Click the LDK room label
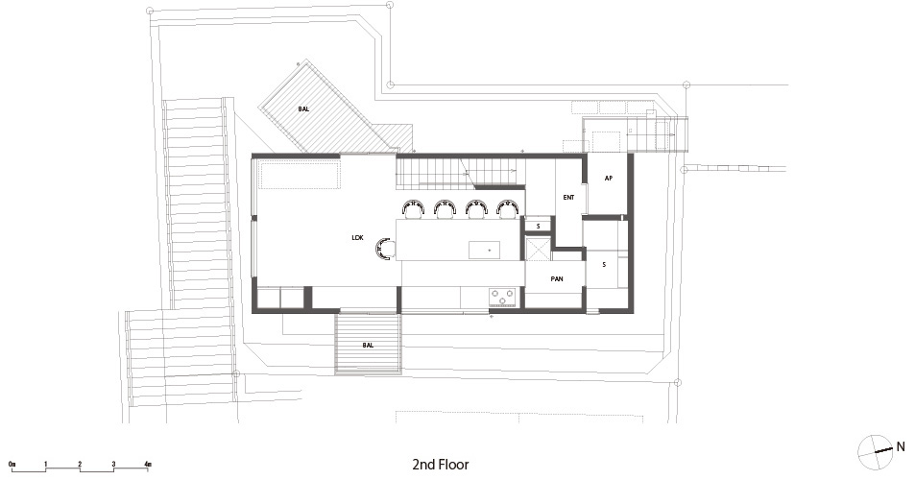point(357,238)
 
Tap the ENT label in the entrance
point(568,198)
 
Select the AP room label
point(608,179)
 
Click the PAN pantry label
point(557,279)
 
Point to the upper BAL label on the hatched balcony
point(303,109)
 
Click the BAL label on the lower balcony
point(368,346)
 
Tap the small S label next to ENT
point(538,226)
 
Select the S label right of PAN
point(604,265)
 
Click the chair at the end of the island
point(386,249)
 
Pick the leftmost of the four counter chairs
point(413,208)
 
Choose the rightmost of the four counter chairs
point(508,208)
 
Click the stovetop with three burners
point(502,297)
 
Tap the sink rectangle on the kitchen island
point(484,249)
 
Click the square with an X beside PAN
point(538,249)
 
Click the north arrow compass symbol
point(876,452)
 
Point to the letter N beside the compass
point(901,446)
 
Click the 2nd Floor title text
point(441,465)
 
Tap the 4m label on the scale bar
point(148,465)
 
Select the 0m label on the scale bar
point(12,465)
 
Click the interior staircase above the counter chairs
point(460,173)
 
